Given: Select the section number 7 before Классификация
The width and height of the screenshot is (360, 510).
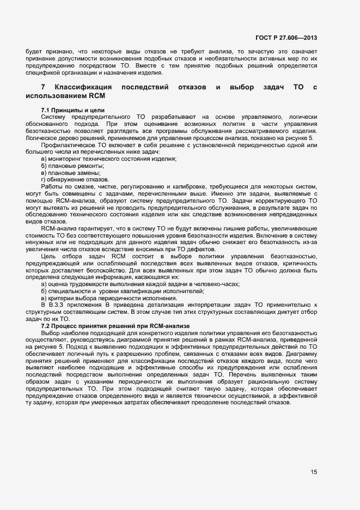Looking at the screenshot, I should pos(43,87).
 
